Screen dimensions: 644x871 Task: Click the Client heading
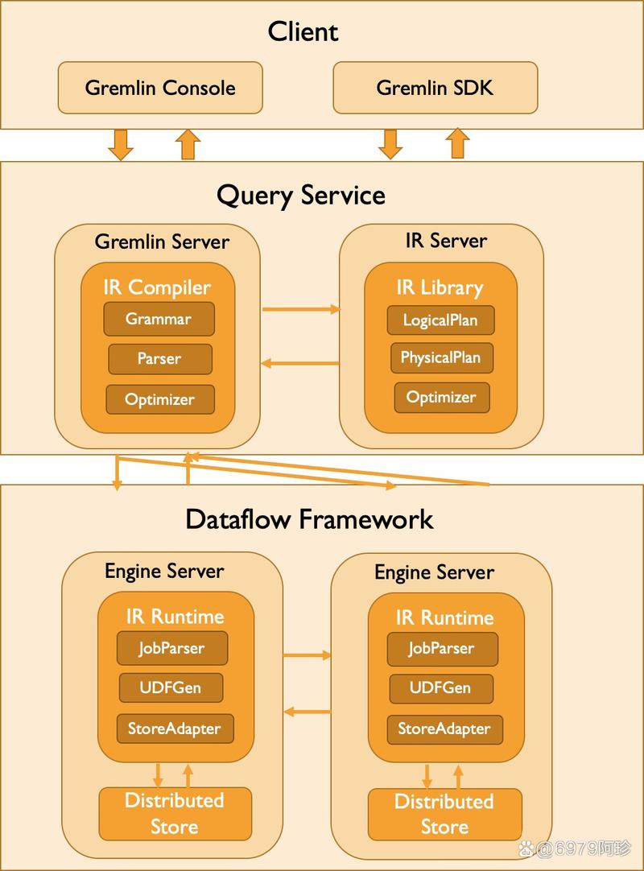pyautogui.click(x=303, y=31)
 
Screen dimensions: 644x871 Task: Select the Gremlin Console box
pyautogui.click(x=160, y=88)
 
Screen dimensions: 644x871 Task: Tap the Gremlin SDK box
pyautogui.click(x=435, y=88)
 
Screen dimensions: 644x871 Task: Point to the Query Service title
pyautogui.click(x=301, y=196)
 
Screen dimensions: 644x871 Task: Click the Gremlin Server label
pyautogui.click(x=162, y=241)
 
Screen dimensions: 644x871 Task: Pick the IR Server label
pyautogui.click(x=446, y=241)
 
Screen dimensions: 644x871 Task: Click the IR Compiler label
pyautogui.click(x=157, y=287)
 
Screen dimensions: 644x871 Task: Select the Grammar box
pyautogui.click(x=159, y=319)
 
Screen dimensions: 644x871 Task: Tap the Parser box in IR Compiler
pyautogui.click(x=160, y=359)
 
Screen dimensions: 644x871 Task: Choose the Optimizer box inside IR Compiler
pyautogui.click(x=160, y=399)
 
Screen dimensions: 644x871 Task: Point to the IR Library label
pyautogui.click(x=440, y=287)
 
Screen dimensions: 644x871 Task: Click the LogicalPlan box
pyautogui.click(x=440, y=320)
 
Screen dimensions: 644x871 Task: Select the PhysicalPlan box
pyautogui.click(x=440, y=357)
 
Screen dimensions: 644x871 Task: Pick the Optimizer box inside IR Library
pyautogui.click(x=442, y=397)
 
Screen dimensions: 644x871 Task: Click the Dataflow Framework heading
pyautogui.click(x=309, y=519)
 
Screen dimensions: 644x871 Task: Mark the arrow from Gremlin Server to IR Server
pyautogui.click(x=300, y=309)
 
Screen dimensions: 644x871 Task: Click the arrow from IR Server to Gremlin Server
pyautogui.click(x=300, y=363)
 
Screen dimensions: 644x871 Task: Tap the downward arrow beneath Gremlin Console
pyautogui.click(x=121, y=145)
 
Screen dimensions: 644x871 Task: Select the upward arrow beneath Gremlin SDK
pyautogui.click(x=458, y=143)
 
